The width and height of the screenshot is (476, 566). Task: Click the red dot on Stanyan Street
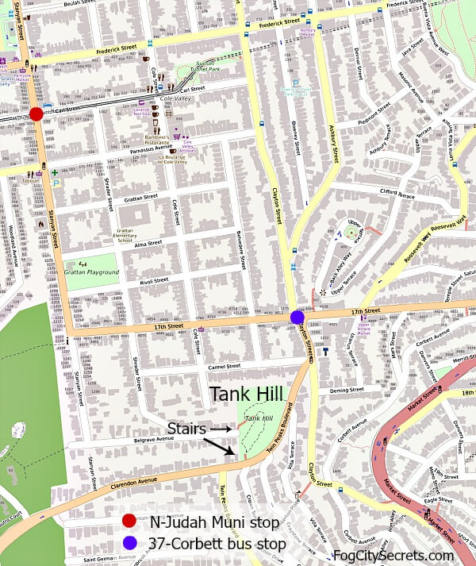(x=36, y=114)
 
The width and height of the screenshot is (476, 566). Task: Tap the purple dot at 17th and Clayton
(x=297, y=317)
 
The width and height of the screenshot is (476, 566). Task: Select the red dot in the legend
(x=130, y=522)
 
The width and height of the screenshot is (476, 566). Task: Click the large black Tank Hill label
(x=247, y=395)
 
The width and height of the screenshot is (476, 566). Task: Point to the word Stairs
(x=185, y=428)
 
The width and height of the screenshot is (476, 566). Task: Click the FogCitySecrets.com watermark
(x=393, y=556)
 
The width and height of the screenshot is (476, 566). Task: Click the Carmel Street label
(x=222, y=367)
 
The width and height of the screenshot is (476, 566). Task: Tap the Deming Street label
(x=345, y=391)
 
